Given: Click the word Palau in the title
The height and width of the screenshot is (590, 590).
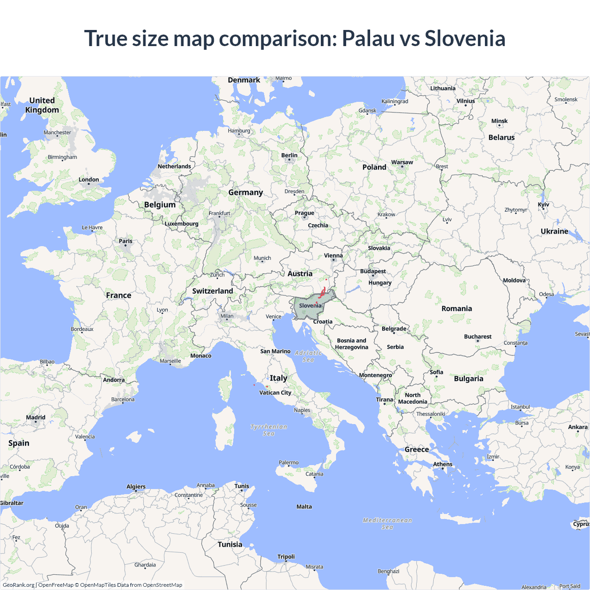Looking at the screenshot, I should pyautogui.click(x=367, y=38).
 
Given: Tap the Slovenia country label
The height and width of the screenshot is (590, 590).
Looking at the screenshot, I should pyautogui.click(x=310, y=306).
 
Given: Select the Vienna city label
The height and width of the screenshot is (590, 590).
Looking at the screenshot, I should pyautogui.click(x=333, y=255).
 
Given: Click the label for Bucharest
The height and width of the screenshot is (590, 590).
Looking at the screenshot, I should pyautogui.click(x=478, y=336).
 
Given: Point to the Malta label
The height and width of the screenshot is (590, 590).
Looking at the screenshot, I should pyautogui.click(x=304, y=507).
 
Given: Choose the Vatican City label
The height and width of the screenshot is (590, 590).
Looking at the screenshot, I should pyautogui.click(x=275, y=393).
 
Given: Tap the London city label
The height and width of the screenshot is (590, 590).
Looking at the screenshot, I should pyautogui.click(x=88, y=180).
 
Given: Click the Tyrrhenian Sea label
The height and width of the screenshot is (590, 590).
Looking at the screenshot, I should pyautogui.click(x=269, y=430).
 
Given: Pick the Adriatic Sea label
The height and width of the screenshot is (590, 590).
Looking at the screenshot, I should pyautogui.click(x=308, y=356).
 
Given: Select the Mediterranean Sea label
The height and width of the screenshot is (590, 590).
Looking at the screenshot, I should pyautogui.click(x=387, y=524).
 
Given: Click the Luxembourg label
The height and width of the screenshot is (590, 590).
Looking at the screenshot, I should pyautogui.click(x=182, y=224).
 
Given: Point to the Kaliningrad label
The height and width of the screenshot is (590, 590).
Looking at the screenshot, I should pyautogui.click(x=395, y=101).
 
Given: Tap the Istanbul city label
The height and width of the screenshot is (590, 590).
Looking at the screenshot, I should pyautogui.click(x=520, y=407).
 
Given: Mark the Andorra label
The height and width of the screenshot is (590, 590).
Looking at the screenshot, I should pyautogui.click(x=114, y=380).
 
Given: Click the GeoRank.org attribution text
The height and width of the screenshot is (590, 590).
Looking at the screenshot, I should pyautogui.click(x=18, y=585).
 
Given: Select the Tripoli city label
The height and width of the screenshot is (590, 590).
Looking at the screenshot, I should pyautogui.click(x=286, y=557).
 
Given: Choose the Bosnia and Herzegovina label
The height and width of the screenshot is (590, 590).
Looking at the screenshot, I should pyautogui.click(x=352, y=344).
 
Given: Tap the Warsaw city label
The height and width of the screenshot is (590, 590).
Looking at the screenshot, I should pyautogui.click(x=402, y=162).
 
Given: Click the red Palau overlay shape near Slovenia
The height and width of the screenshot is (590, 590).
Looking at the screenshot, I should pyautogui.click(x=323, y=293).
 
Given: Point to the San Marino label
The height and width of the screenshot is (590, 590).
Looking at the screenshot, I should pyautogui.click(x=275, y=351).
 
